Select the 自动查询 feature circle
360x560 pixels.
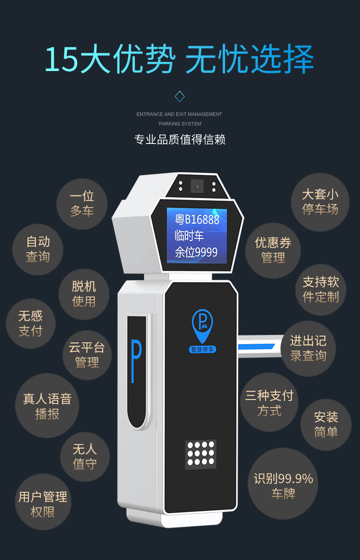tap(38, 250)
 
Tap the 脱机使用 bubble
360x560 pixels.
tap(84, 294)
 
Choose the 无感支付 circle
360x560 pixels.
tap(31, 323)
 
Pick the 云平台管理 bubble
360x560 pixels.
tap(87, 355)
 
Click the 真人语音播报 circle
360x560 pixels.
tap(47, 406)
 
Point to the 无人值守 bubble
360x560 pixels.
tap(85, 457)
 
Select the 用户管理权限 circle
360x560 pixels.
tap(43, 503)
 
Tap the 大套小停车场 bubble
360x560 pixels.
tap(320, 202)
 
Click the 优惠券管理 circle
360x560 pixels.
tap(273, 250)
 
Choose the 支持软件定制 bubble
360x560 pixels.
tap(321, 289)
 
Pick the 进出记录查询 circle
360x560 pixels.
tap(308, 348)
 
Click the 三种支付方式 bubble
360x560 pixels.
tap(269, 403)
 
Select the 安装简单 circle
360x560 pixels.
tap(326, 424)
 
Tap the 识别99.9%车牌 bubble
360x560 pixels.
tap(283, 486)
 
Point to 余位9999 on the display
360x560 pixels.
tap(196, 252)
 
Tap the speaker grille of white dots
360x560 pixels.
tap(201, 453)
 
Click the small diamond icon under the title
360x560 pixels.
tap(180, 96)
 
